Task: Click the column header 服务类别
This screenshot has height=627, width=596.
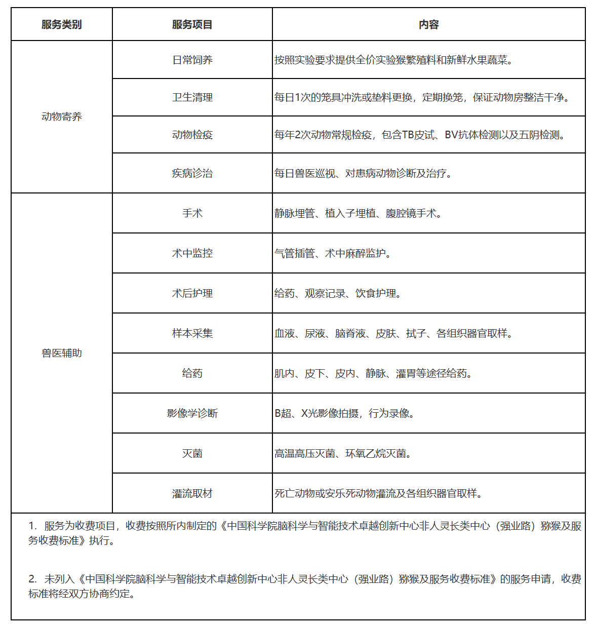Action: (61, 24)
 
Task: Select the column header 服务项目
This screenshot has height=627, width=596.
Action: (192, 24)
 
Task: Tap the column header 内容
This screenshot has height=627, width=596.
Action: (428, 24)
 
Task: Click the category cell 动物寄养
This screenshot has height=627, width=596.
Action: (61, 116)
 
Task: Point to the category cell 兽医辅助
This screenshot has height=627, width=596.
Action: (61, 353)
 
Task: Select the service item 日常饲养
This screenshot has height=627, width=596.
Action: (192, 60)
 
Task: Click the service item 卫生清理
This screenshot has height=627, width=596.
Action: (192, 97)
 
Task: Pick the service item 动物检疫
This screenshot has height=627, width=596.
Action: (192, 135)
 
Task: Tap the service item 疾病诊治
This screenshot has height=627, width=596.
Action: (192, 173)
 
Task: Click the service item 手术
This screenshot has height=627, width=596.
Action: (192, 213)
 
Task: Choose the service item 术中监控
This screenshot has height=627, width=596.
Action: (192, 253)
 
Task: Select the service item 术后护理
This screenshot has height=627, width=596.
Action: (192, 293)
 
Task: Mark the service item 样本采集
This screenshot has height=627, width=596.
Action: (192, 333)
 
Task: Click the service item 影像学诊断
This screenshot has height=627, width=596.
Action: (192, 413)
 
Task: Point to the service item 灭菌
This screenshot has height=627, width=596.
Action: (192, 453)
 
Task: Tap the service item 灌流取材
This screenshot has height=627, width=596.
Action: (192, 493)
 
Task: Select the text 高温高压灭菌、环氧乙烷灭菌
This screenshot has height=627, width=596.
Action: (342, 453)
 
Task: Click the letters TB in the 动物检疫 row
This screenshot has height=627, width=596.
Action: (408, 135)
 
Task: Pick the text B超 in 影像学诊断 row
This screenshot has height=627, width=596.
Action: (284, 413)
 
